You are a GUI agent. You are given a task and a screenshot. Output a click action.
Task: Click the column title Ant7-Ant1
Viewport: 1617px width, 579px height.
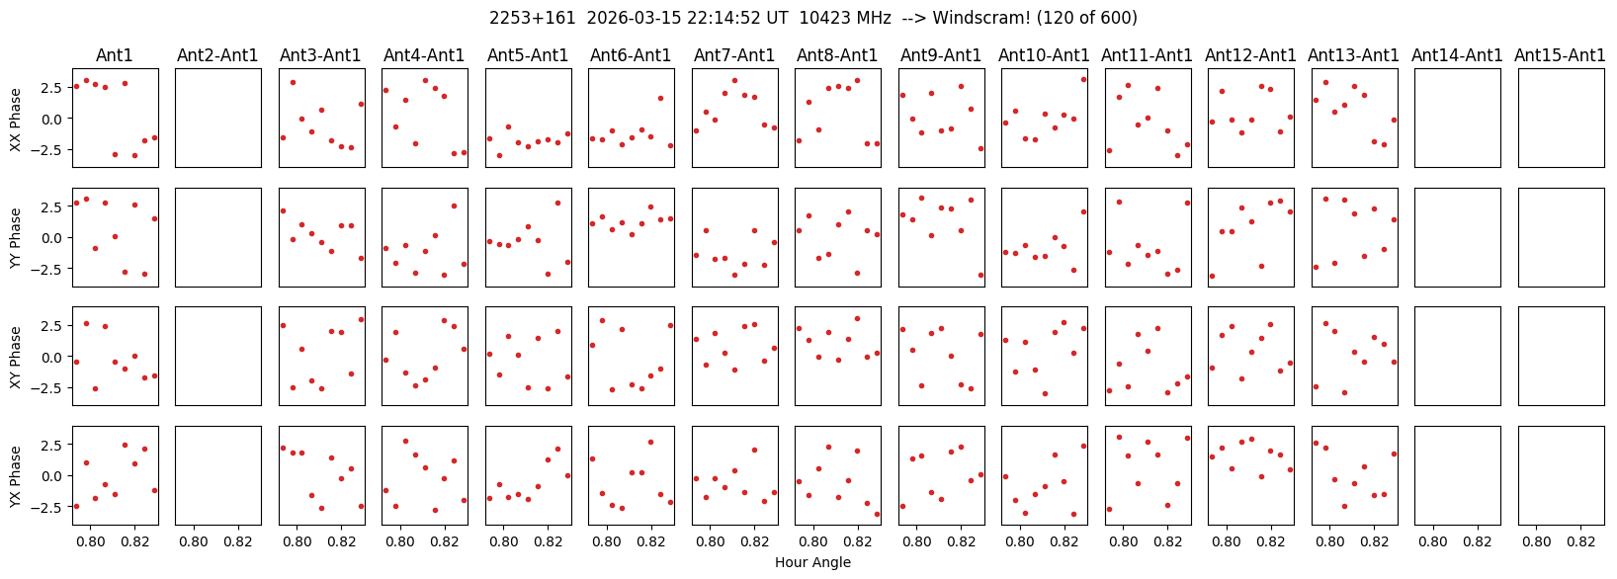point(733,55)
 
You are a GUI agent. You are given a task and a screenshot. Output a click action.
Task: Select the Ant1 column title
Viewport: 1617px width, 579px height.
point(114,55)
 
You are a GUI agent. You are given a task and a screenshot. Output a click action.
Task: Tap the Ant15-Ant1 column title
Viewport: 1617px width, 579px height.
point(1560,55)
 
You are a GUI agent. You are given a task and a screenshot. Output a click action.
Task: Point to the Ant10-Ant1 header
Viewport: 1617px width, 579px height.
point(1044,55)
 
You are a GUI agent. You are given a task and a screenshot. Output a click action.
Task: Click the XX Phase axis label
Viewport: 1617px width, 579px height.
point(15,119)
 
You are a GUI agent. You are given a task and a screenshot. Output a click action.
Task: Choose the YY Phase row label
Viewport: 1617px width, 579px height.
point(15,237)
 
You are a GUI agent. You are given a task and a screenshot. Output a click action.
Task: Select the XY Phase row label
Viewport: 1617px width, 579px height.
point(15,357)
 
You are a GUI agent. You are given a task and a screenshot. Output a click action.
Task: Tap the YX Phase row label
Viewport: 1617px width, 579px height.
point(15,476)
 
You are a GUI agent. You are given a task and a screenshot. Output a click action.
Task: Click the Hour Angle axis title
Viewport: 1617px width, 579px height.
point(812,563)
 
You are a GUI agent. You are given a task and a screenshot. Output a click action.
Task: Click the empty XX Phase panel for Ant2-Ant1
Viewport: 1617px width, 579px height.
point(217,118)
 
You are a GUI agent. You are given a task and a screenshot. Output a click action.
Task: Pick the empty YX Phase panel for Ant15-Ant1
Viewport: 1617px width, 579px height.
point(1561,475)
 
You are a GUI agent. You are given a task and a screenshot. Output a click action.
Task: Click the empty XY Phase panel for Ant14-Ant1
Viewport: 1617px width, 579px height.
point(1457,356)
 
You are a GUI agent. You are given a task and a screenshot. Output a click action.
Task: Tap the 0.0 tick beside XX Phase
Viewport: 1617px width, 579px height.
point(55,119)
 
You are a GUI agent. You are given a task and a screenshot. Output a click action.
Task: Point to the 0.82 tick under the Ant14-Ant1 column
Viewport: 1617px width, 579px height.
point(1477,541)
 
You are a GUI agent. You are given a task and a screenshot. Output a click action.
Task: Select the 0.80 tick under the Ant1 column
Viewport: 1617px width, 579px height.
point(91,541)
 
